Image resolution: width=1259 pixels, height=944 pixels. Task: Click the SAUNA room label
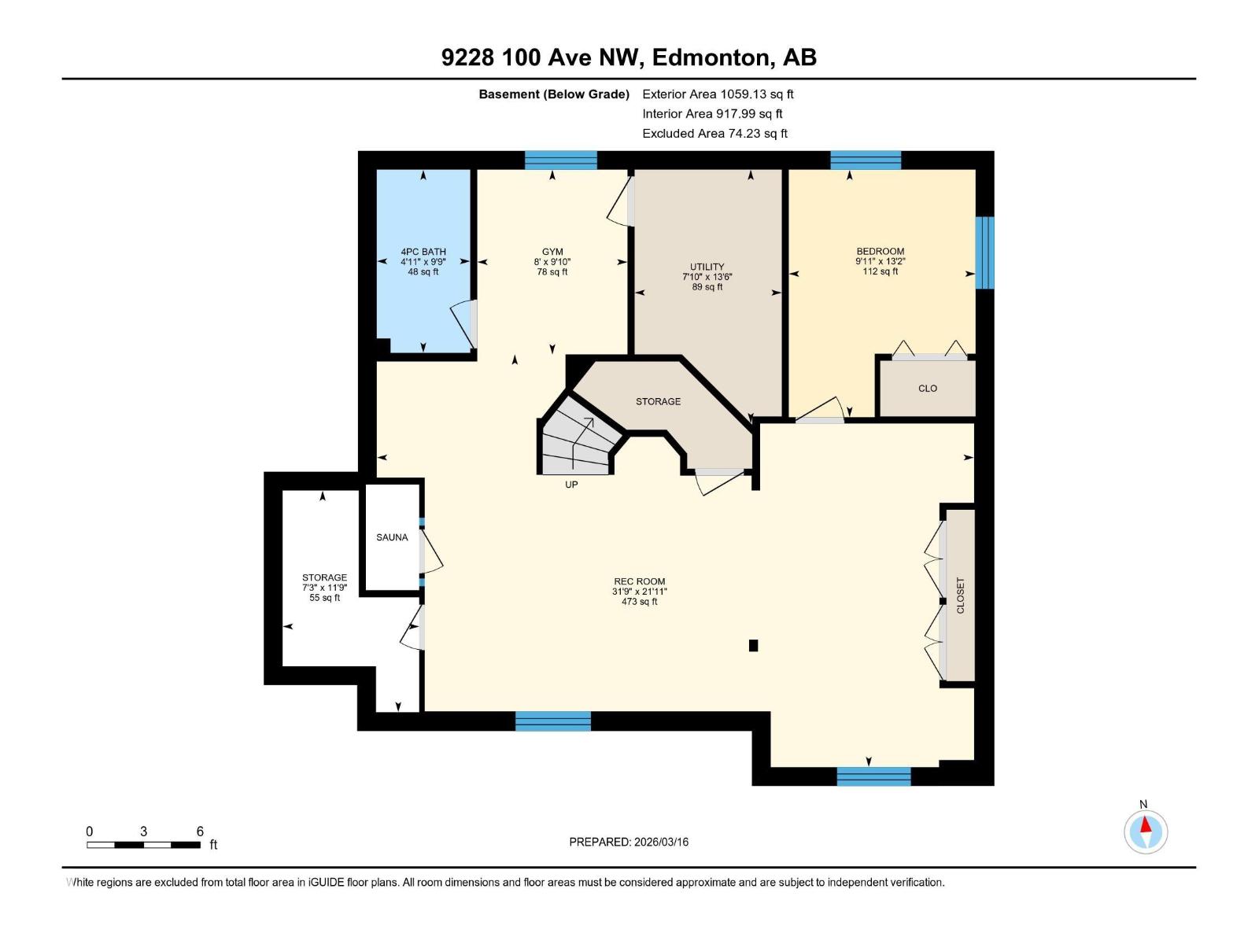point(392,537)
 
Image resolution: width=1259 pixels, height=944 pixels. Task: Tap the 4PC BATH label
point(423,253)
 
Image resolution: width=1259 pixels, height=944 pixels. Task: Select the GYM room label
point(552,253)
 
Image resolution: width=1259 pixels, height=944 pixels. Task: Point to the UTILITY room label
point(707,267)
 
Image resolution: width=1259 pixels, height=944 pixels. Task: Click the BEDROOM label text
point(881,252)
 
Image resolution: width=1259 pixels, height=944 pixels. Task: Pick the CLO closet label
point(928,389)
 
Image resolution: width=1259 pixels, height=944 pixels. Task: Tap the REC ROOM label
point(639,582)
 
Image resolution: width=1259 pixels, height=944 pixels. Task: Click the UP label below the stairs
point(571,485)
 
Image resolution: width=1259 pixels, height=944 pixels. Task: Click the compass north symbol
point(1146,831)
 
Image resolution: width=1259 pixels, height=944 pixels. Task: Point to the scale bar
point(143,845)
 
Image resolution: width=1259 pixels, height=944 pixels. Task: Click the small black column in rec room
point(753,646)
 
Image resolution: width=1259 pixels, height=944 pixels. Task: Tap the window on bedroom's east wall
point(984,253)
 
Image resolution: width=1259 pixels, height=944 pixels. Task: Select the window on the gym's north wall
point(560,160)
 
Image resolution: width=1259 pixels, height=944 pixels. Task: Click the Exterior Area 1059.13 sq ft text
point(718,94)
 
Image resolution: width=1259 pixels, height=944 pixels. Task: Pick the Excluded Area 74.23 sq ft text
point(714,134)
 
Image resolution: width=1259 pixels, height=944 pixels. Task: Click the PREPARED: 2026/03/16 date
point(629,842)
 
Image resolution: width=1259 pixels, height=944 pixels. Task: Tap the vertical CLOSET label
point(960,596)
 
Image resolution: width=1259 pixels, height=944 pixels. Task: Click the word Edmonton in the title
point(711,57)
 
